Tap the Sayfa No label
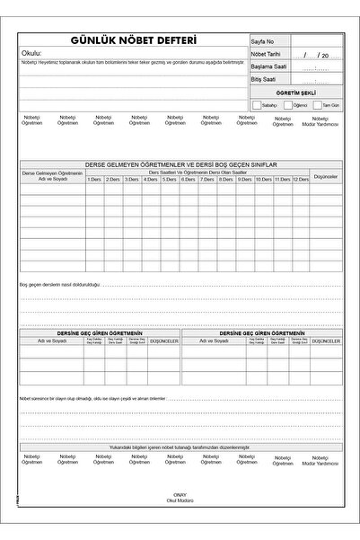[x=264, y=42]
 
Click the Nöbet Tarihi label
[x=268, y=55]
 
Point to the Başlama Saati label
[x=269, y=66]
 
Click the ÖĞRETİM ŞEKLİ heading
[x=296, y=93]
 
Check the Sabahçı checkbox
[x=258, y=105]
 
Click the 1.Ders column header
[x=94, y=179]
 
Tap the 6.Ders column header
[x=188, y=179]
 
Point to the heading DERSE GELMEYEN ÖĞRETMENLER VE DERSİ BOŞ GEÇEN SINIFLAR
[x=180, y=164]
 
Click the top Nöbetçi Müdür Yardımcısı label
[x=320, y=120]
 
